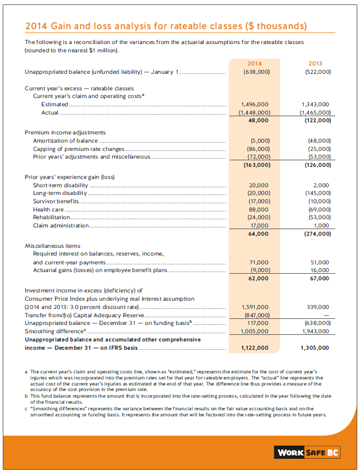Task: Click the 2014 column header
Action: tap(255, 63)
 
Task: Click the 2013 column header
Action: tap(315, 63)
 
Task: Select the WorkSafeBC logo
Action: tap(308, 452)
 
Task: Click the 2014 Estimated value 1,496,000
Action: tap(255, 104)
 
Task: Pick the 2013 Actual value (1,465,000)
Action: tap(315, 112)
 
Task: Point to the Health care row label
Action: tap(48, 209)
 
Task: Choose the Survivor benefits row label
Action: tap(56, 201)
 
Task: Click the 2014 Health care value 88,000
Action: tap(259, 209)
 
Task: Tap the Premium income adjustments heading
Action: tap(66, 133)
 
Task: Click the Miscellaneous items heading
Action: tap(52, 246)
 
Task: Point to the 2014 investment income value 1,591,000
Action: tap(255, 307)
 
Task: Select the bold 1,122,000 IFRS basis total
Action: tap(255, 348)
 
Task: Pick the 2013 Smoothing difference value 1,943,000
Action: tap(315, 331)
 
